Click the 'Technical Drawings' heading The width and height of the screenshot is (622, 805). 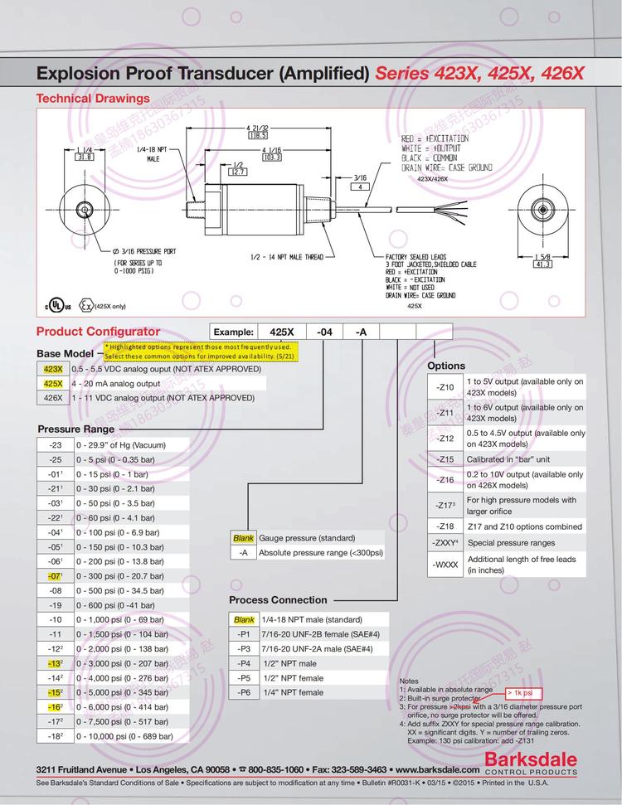92,98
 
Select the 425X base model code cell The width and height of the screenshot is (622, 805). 52,384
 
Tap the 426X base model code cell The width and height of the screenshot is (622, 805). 52,398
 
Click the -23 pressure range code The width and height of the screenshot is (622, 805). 56,445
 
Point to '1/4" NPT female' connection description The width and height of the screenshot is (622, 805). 293,692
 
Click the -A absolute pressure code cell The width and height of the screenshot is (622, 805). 243,552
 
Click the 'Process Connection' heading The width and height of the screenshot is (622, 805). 278,599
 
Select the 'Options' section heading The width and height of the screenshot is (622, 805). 446,366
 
